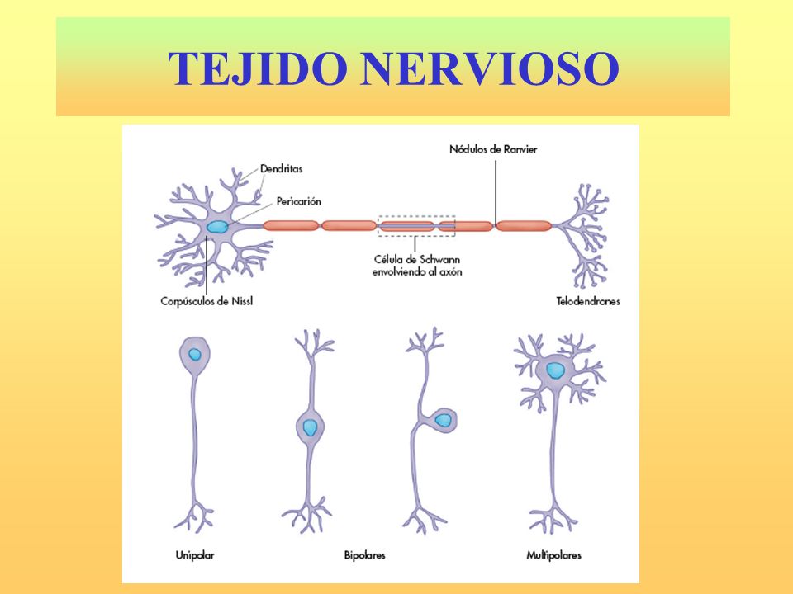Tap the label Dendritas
[281, 168]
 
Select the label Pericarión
[297, 200]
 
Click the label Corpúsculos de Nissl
[207, 301]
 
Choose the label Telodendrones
[588, 301]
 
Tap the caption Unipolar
[195, 555]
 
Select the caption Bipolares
[364, 555]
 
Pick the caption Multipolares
[553, 555]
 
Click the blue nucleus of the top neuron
[216, 226]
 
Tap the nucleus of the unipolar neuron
[194, 355]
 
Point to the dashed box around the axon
[416, 216]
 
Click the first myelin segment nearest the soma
[291, 225]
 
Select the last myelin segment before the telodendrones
[524, 225]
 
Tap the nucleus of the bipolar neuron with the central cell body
[310, 427]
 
